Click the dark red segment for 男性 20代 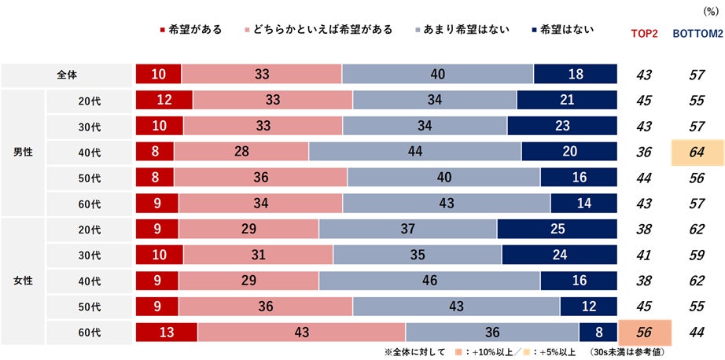coord(164,100)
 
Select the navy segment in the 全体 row coord(576,75)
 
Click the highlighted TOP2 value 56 coord(646,332)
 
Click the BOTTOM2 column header coord(697,34)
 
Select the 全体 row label coord(68,75)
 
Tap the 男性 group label coord(24,151)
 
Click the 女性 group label coord(24,280)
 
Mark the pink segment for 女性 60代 coord(301,332)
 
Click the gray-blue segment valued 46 coord(429,280)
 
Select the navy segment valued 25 coord(558,229)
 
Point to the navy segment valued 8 coord(598,332)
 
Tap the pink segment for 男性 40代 coord(241,151)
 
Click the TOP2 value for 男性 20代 coord(646,100)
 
